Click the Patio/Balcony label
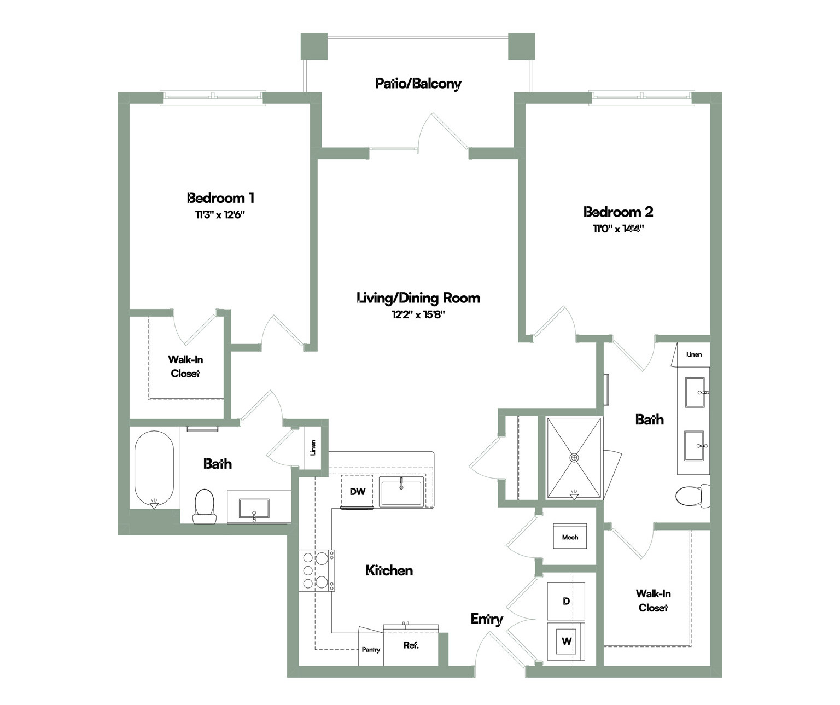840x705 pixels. tap(418, 84)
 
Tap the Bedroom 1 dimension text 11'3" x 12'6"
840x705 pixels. tap(220, 215)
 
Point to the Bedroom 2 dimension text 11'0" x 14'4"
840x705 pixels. tap(619, 229)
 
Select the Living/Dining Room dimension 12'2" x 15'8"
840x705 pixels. tap(418, 314)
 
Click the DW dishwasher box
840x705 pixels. tap(357, 491)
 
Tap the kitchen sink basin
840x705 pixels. tap(401, 491)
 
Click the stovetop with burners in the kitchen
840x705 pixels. tap(317, 570)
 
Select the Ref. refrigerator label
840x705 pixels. tap(411, 645)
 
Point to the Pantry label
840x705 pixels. tap(371, 649)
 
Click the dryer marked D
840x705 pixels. tap(566, 601)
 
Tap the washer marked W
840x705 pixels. tap(566, 642)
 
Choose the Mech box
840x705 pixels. tap(570, 537)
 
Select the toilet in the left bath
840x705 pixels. tap(205, 506)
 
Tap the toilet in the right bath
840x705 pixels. tap(693, 496)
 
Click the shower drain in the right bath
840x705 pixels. tap(574, 458)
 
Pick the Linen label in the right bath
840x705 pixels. tap(694, 354)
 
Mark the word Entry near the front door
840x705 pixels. tap(487, 619)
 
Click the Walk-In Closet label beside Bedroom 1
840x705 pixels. tap(185, 366)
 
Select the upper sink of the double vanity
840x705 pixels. tap(695, 392)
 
